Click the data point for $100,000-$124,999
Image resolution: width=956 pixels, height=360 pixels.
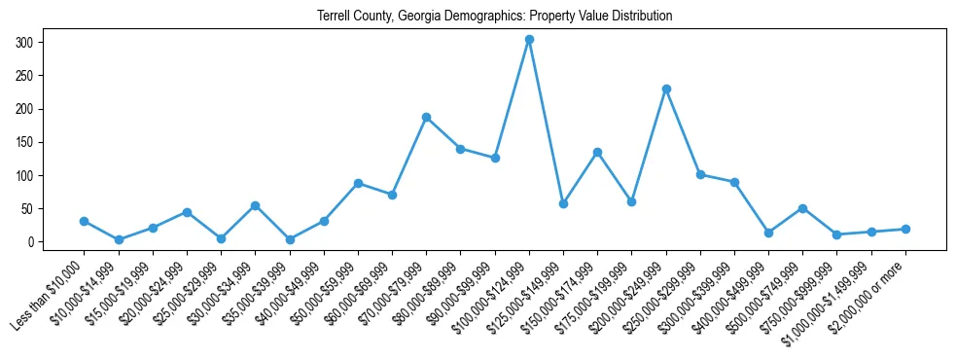coord(529,40)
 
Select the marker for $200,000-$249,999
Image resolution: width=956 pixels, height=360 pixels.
coord(666,89)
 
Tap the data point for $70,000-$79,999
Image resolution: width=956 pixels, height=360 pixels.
coord(426,117)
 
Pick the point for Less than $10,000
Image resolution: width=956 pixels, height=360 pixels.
coord(85,221)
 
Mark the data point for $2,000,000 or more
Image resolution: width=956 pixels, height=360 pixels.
coord(905,229)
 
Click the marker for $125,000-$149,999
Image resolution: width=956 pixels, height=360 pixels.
coord(563,203)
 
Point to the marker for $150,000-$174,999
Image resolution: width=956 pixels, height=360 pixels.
coord(597,152)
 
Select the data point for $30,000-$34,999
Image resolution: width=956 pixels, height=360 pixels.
coord(255,205)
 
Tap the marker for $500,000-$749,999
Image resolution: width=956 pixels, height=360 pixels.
coord(802,208)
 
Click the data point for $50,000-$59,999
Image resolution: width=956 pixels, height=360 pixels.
coord(358,183)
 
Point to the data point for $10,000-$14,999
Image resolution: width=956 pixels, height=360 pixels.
coord(119,239)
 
